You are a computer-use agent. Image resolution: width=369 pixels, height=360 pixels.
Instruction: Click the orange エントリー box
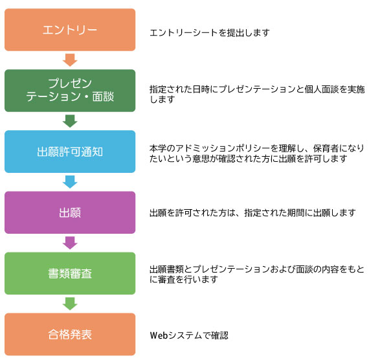(x=70, y=30)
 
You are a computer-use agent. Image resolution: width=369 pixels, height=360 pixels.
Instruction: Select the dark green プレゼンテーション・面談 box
(x=70, y=91)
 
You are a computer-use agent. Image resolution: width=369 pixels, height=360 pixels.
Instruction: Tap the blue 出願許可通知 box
(x=70, y=152)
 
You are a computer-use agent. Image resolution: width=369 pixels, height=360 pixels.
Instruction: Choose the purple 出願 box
(x=70, y=212)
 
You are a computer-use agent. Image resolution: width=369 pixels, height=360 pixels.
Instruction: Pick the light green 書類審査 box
(x=70, y=273)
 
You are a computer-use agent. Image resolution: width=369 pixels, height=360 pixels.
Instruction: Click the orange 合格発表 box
(x=70, y=334)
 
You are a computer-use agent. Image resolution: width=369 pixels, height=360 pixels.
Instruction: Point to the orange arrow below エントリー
(x=70, y=60)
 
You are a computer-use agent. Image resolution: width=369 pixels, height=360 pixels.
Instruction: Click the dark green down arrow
(x=70, y=121)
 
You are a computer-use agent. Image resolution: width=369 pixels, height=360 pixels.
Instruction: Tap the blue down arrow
(x=70, y=182)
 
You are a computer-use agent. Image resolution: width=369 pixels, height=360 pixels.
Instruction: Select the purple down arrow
(x=70, y=243)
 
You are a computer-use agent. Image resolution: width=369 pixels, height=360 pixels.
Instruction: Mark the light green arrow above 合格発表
(x=70, y=304)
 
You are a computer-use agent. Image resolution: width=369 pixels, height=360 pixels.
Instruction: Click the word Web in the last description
(x=159, y=335)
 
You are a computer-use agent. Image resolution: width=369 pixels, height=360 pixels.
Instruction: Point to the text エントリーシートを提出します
(x=210, y=32)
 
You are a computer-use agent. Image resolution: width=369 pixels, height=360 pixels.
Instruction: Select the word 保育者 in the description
(x=326, y=148)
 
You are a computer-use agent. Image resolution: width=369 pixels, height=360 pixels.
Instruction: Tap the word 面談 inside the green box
(x=103, y=96)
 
